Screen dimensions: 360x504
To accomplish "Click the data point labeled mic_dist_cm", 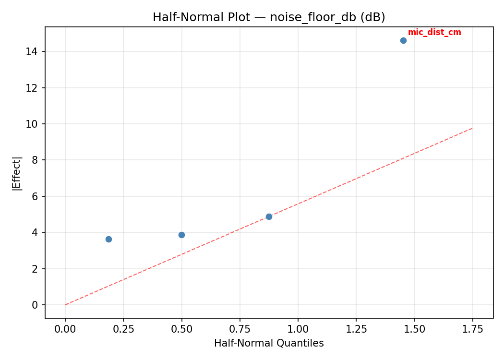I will coord(403,40).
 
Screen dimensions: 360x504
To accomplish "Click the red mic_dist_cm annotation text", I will coord(434,33).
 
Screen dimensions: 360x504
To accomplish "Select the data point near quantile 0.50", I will coord(181,235).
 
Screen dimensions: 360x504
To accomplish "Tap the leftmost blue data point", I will coord(108,239).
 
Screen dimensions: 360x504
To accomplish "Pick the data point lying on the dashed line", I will coord(269,216).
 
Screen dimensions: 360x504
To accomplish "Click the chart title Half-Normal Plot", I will coord(269,17).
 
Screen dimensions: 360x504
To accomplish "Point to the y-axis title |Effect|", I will coord(17,173).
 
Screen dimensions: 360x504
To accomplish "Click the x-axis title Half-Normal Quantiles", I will coord(269,343).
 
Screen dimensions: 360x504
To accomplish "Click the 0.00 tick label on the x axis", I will coord(65,329).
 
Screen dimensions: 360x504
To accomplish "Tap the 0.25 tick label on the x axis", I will coord(123,329).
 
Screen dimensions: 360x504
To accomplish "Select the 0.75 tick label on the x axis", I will coord(240,329).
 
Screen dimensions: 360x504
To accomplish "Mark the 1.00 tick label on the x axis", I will coord(298,329).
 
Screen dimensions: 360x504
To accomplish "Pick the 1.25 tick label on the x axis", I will coord(356,329).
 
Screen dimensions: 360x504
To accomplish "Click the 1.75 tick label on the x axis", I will coord(472,329).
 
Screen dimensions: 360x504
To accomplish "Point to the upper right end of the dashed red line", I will coord(472,128).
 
